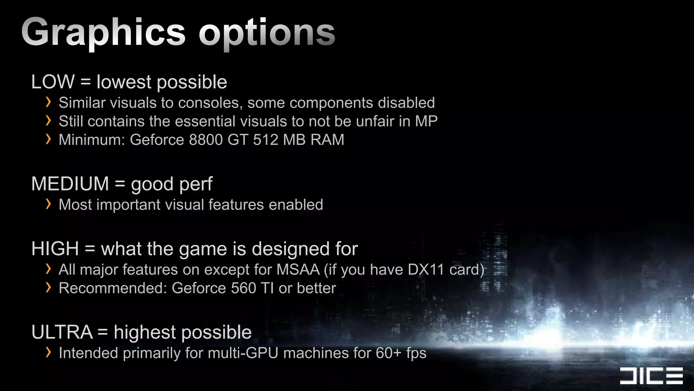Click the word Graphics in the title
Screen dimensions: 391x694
tap(103, 33)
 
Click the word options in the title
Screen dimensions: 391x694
tap(267, 33)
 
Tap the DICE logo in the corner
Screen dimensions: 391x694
tap(651, 376)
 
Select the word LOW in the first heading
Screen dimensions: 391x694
tap(53, 82)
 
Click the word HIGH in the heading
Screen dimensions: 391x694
tap(55, 249)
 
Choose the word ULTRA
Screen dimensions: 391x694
tap(62, 332)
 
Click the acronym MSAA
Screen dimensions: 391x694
tap(298, 270)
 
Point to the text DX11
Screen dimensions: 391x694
tap(426, 270)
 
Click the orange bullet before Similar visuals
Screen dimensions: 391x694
tap(48, 102)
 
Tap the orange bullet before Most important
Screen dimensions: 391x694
tap(48, 204)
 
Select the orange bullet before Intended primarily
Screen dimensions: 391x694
tap(48, 352)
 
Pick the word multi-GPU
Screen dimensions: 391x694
tap(243, 353)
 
